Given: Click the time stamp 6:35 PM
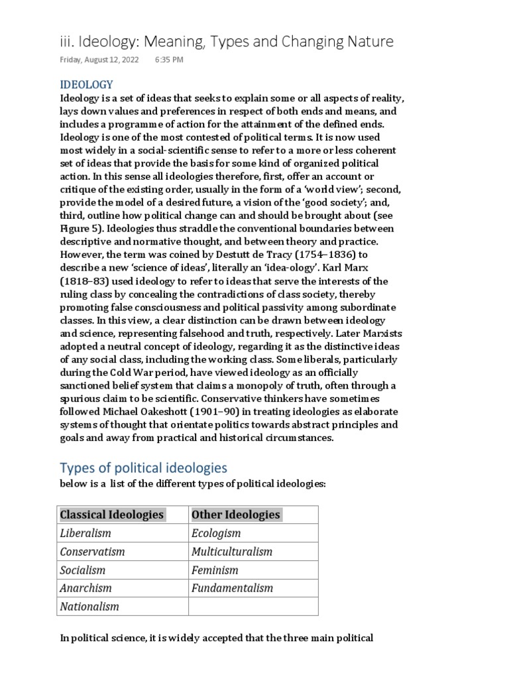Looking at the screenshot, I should (170, 60).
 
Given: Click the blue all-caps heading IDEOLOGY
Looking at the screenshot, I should (87, 85).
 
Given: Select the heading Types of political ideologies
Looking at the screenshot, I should (144, 467).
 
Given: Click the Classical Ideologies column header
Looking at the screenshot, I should (111, 515).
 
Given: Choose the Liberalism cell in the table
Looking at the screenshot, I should (86, 533).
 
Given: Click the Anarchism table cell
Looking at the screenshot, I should (86, 587).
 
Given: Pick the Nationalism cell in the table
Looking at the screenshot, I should (90, 606).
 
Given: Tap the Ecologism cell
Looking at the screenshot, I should (216, 533).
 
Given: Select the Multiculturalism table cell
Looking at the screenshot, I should (231, 552).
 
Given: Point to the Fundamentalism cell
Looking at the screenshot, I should (232, 587).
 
